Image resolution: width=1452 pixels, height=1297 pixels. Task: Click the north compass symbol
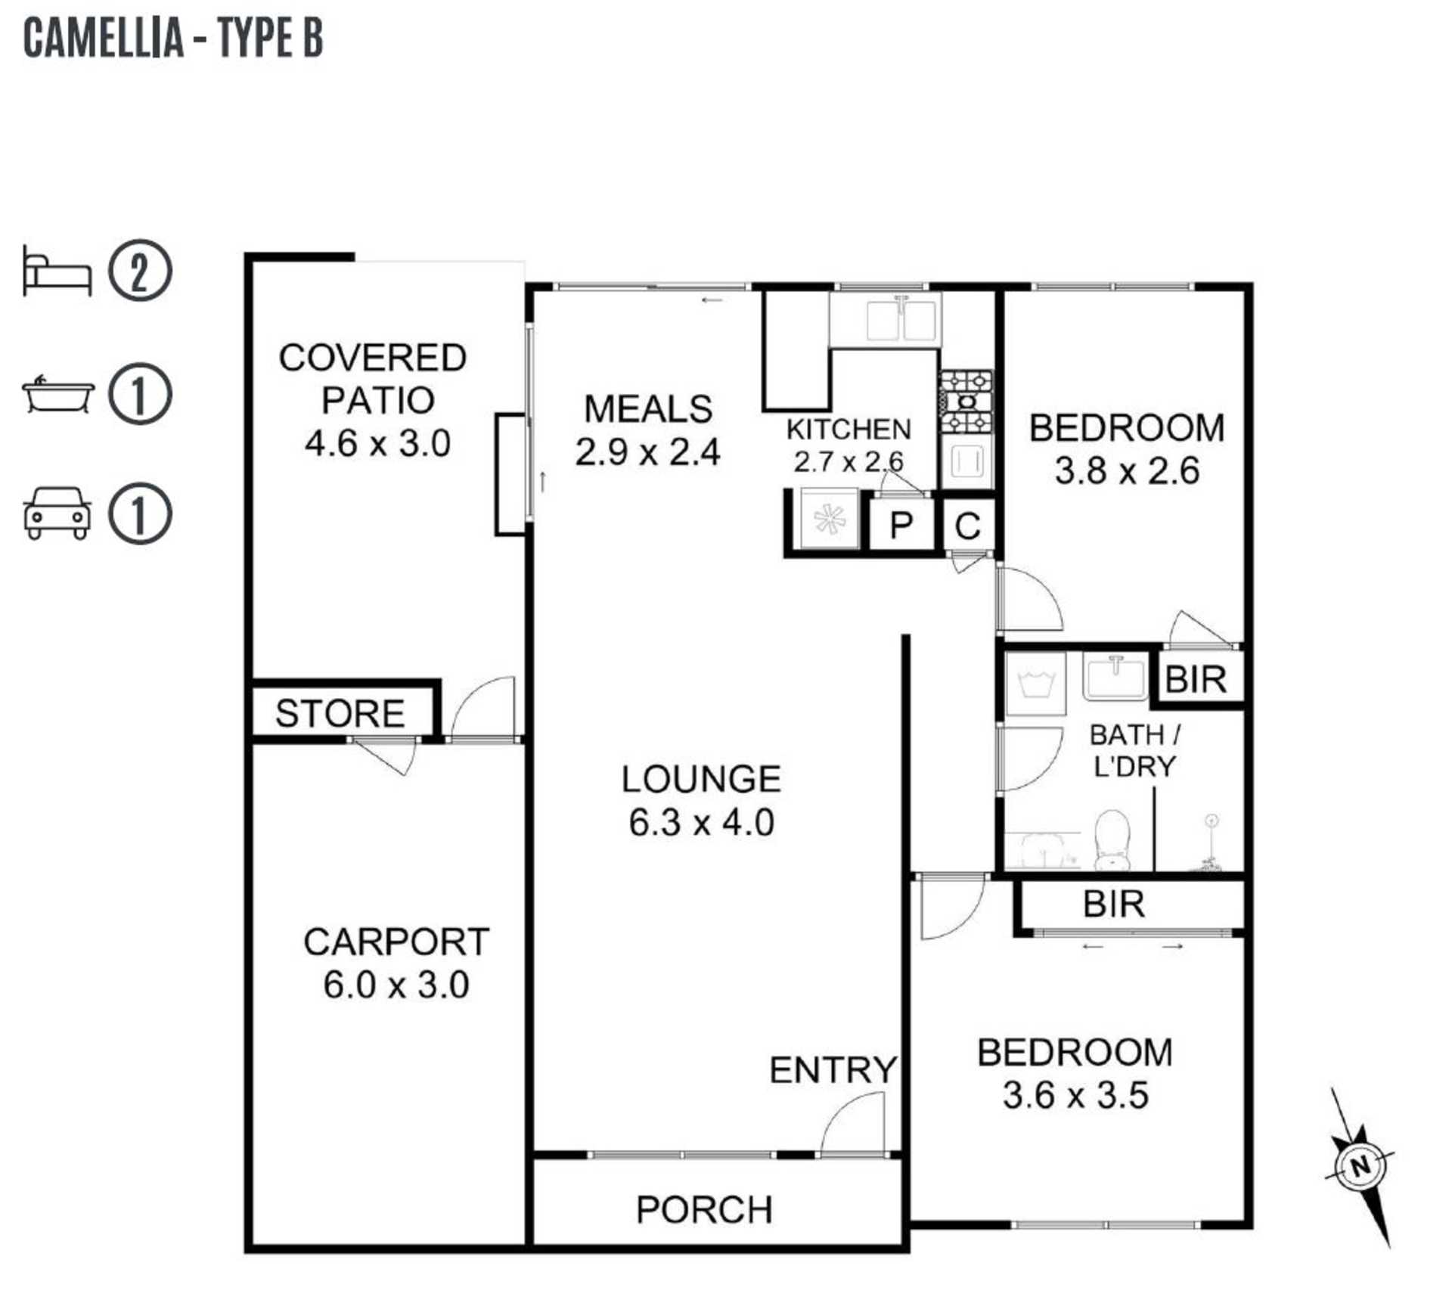pyautogui.click(x=1360, y=1166)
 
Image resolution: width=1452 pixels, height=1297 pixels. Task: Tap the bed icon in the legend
pyautogui.click(x=57, y=271)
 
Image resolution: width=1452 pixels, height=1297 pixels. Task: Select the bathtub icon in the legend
pyautogui.click(x=58, y=394)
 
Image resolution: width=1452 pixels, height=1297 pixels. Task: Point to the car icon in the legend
pyautogui.click(x=57, y=513)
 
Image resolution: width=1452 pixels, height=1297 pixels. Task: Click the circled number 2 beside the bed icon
pyautogui.click(x=140, y=271)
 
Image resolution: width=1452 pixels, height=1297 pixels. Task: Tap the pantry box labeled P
pyautogui.click(x=900, y=523)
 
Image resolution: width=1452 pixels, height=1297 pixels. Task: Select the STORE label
pyautogui.click(x=340, y=713)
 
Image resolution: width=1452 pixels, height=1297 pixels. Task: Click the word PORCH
pyautogui.click(x=704, y=1209)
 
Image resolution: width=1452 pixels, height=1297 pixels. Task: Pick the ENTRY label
pyautogui.click(x=833, y=1069)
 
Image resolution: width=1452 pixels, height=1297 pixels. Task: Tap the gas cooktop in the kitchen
pyautogui.click(x=966, y=402)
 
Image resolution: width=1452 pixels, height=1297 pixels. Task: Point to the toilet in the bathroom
pyautogui.click(x=1112, y=840)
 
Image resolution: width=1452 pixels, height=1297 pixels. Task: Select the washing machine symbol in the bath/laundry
pyautogui.click(x=1035, y=684)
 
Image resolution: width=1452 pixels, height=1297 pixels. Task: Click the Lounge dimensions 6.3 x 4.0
pyautogui.click(x=702, y=823)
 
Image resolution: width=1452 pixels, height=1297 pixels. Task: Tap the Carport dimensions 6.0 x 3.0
pyautogui.click(x=396, y=985)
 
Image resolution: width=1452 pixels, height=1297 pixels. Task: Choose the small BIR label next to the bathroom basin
pyautogui.click(x=1196, y=679)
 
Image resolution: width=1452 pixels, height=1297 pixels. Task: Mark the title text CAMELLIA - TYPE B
pyautogui.click(x=174, y=38)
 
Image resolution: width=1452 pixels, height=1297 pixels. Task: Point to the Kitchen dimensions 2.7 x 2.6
pyautogui.click(x=849, y=461)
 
